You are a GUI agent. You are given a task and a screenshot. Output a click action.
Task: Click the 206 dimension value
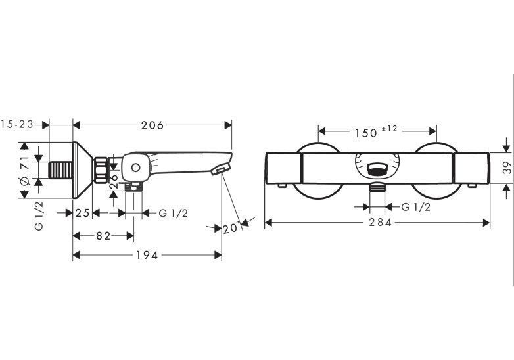[152, 125]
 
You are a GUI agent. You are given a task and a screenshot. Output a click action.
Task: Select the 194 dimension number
[147, 255]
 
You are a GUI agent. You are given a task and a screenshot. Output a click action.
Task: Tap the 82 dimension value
[104, 236]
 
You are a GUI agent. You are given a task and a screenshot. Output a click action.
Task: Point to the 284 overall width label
[381, 223]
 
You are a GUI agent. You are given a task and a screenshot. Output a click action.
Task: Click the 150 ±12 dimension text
[376, 131]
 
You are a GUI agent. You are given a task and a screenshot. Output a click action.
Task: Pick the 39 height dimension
[507, 168]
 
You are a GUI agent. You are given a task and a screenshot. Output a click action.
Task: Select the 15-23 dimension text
[17, 124]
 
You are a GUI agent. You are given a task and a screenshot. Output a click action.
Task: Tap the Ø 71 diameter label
[26, 170]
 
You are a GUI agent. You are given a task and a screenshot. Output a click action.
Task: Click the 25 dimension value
[82, 214]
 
